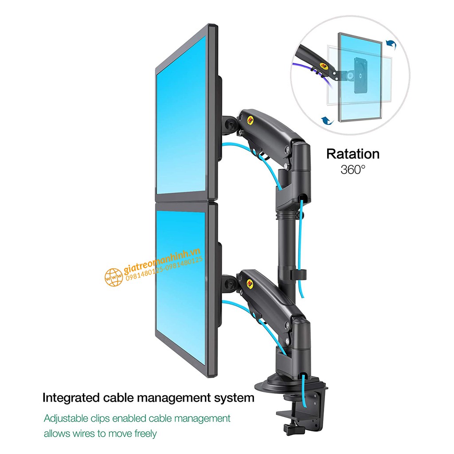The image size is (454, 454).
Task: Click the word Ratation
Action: point(353,154)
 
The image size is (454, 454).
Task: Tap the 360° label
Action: point(353,169)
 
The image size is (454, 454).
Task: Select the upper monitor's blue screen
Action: point(181,115)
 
